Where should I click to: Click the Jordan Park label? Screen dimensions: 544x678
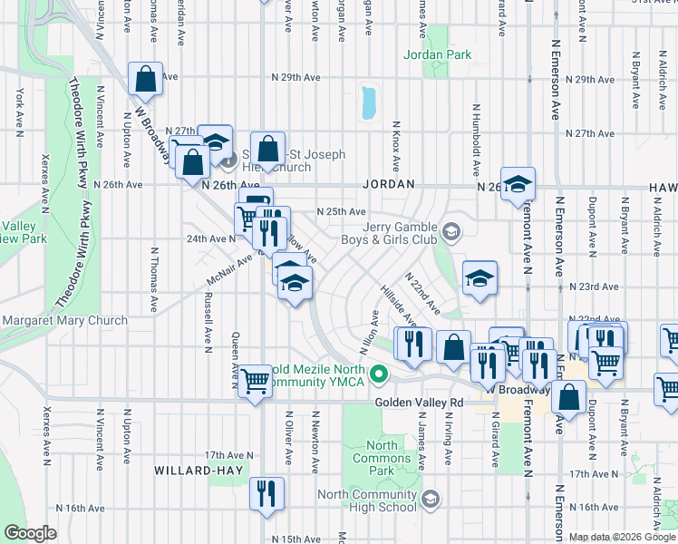(438, 54)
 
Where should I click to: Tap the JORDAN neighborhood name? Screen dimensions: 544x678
(389, 184)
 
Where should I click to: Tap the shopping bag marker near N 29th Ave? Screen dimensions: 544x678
(145, 80)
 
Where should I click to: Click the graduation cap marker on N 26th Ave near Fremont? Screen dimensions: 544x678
(518, 184)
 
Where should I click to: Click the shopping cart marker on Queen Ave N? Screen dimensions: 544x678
(256, 381)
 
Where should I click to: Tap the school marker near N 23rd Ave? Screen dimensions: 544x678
(479, 278)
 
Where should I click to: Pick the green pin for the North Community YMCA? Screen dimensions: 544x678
(381, 373)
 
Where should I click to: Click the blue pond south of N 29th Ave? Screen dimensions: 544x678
(368, 103)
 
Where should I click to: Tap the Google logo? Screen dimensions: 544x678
(31, 533)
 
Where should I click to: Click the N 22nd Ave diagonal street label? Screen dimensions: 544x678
(422, 292)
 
